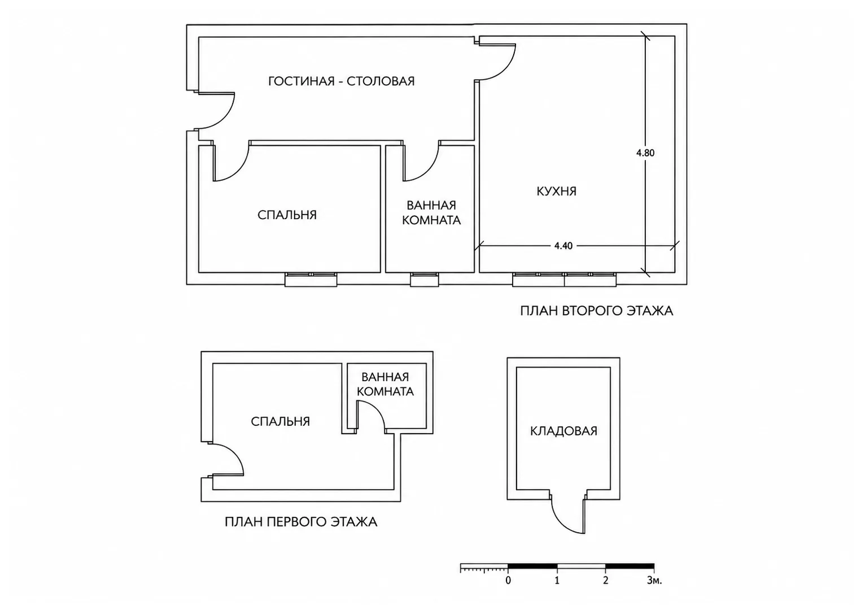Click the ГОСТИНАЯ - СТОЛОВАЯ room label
(342, 81)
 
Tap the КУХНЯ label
(557, 191)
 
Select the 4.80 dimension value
(645, 153)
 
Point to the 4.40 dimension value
(563, 246)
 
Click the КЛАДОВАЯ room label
(563, 431)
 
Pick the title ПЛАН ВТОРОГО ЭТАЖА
(597, 311)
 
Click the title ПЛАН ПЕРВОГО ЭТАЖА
(301, 522)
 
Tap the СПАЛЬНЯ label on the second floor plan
(287, 215)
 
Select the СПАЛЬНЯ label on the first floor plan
(281, 421)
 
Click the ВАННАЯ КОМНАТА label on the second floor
(431, 212)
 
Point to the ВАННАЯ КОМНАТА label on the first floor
(385, 384)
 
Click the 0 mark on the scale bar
(508, 580)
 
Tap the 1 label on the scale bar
(557, 580)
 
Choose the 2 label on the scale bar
(605, 580)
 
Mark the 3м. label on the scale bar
(654, 580)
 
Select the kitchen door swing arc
(505, 70)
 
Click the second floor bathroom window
(425, 280)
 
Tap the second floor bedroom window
(311, 280)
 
